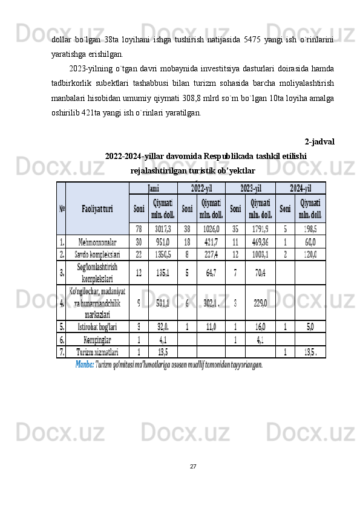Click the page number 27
193,465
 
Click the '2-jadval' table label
320,141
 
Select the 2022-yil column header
201,188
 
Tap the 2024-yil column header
300,188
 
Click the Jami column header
153,188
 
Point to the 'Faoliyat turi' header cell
97,209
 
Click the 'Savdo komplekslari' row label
97,254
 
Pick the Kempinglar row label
97,339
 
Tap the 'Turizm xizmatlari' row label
97,351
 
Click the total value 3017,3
163,229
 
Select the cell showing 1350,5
163,254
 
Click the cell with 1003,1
260,254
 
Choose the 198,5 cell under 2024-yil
310,229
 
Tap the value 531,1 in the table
163,302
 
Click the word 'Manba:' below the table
85,365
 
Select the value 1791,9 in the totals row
260,229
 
